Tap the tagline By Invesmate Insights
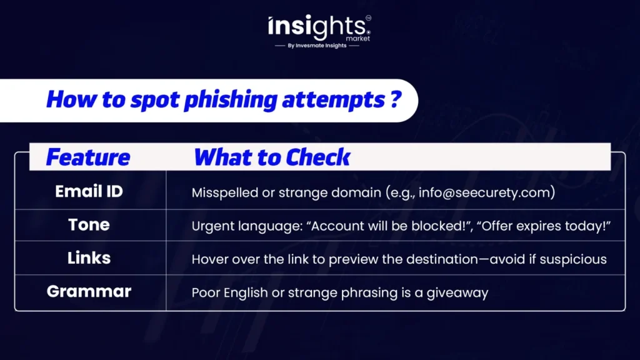(317, 46)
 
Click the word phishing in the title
(231, 101)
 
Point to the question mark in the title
(395, 99)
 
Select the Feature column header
(88, 157)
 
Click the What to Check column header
(272, 157)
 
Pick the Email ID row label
(89, 191)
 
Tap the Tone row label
(89, 225)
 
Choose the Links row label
(89, 258)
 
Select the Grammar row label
(89, 291)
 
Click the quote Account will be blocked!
(390, 226)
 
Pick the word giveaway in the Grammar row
(457, 293)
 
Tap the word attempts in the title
(333, 101)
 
